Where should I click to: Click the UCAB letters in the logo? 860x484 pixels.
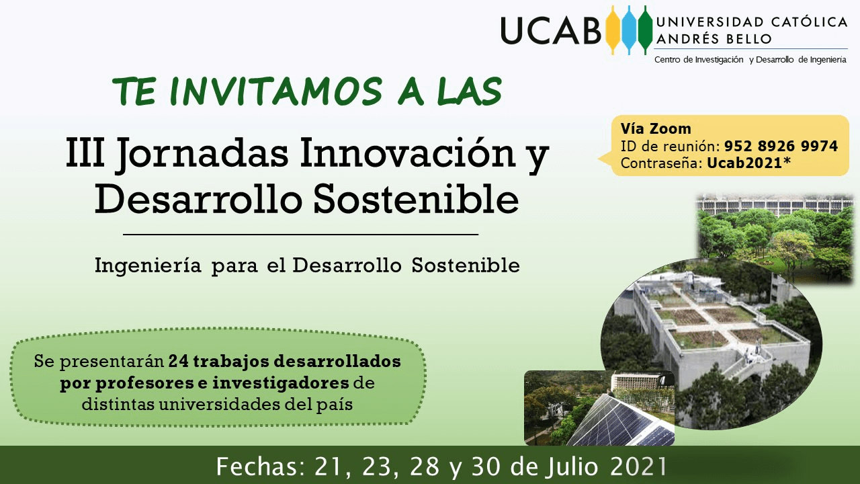pos(551,30)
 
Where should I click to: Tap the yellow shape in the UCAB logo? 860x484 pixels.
pos(613,30)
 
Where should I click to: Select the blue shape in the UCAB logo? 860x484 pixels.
pos(629,30)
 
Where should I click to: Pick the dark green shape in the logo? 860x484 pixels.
pos(645,30)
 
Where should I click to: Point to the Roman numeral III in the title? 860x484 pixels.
pos(85,153)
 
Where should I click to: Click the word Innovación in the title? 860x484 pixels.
pos(407,152)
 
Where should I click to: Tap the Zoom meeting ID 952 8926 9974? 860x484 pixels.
pos(781,146)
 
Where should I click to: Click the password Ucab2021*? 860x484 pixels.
pos(748,163)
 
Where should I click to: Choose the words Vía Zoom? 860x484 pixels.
pos(656,128)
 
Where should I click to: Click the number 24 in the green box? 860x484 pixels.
pos(179,361)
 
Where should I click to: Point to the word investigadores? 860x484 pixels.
pos(281,383)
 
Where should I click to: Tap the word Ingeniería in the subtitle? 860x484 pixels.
pos(148,266)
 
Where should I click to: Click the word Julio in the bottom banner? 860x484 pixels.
pos(572,467)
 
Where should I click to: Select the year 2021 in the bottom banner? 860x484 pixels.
pos(638,467)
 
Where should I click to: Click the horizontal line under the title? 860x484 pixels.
pos(300,234)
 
